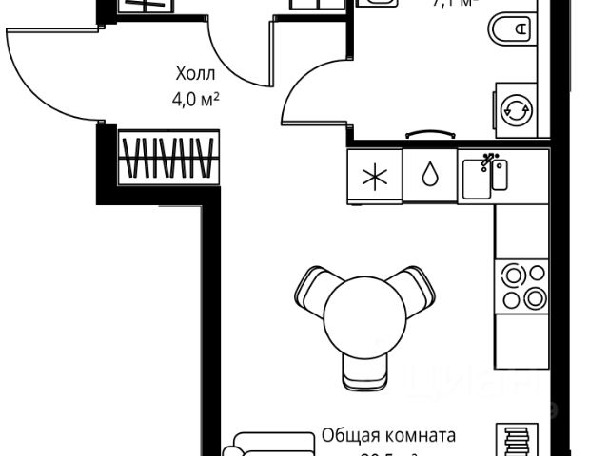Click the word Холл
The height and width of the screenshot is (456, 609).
195,73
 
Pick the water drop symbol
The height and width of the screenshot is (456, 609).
430,176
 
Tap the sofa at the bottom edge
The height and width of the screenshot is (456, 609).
271,445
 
